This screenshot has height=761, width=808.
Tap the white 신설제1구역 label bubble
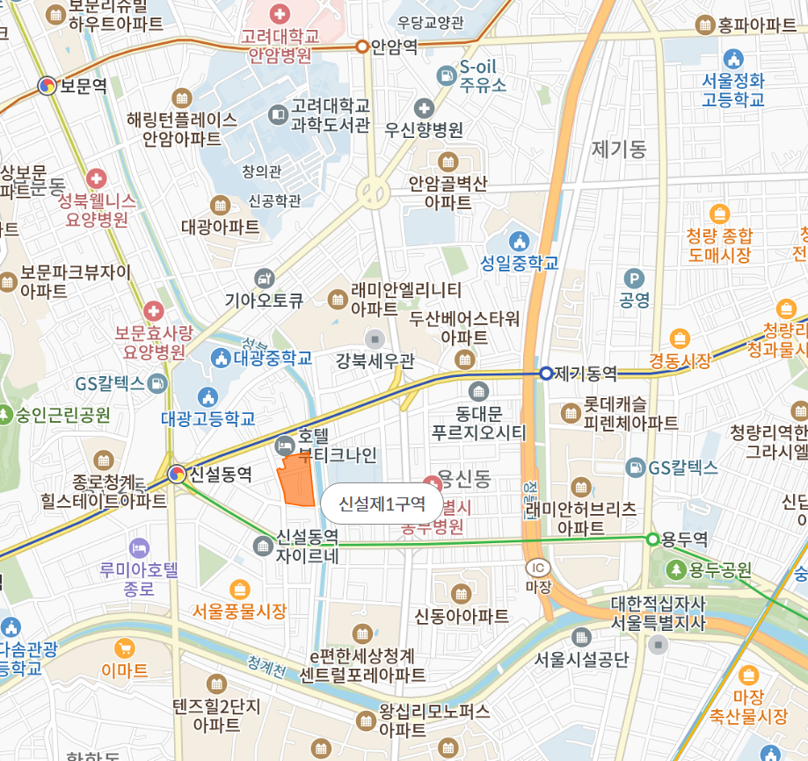[x=382, y=504]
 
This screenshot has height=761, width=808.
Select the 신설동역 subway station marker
[x=177, y=475]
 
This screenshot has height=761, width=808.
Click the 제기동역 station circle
[x=546, y=373]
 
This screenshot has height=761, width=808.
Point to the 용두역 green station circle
[x=652, y=539]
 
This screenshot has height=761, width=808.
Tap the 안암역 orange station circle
[x=362, y=47]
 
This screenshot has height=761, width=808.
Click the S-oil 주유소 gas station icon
[x=448, y=76]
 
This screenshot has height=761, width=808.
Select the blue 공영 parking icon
[x=634, y=279]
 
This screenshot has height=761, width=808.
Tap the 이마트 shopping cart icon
[x=124, y=649]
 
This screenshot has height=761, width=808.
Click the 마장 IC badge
[x=537, y=569]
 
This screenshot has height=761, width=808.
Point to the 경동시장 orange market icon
[x=679, y=338]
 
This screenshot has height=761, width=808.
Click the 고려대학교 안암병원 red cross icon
[x=280, y=14]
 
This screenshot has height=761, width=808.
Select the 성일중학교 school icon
[x=520, y=241]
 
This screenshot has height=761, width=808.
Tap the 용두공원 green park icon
[x=676, y=569]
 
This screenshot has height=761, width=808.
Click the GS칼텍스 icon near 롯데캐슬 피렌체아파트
[x=636, y=467]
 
